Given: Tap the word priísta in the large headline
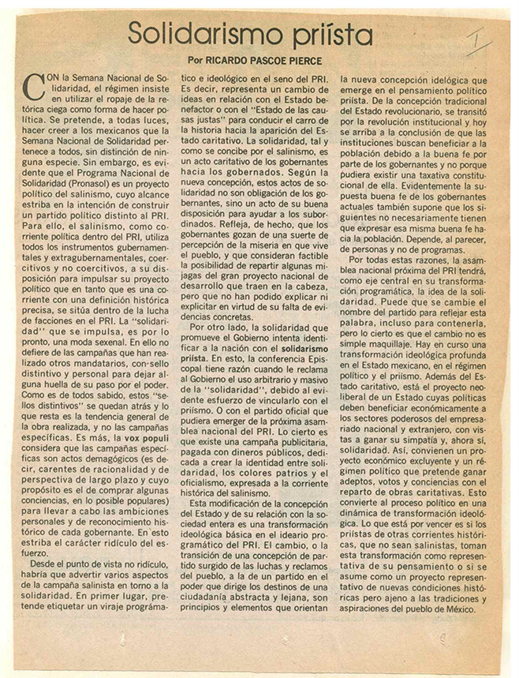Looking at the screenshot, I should (329, 36).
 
